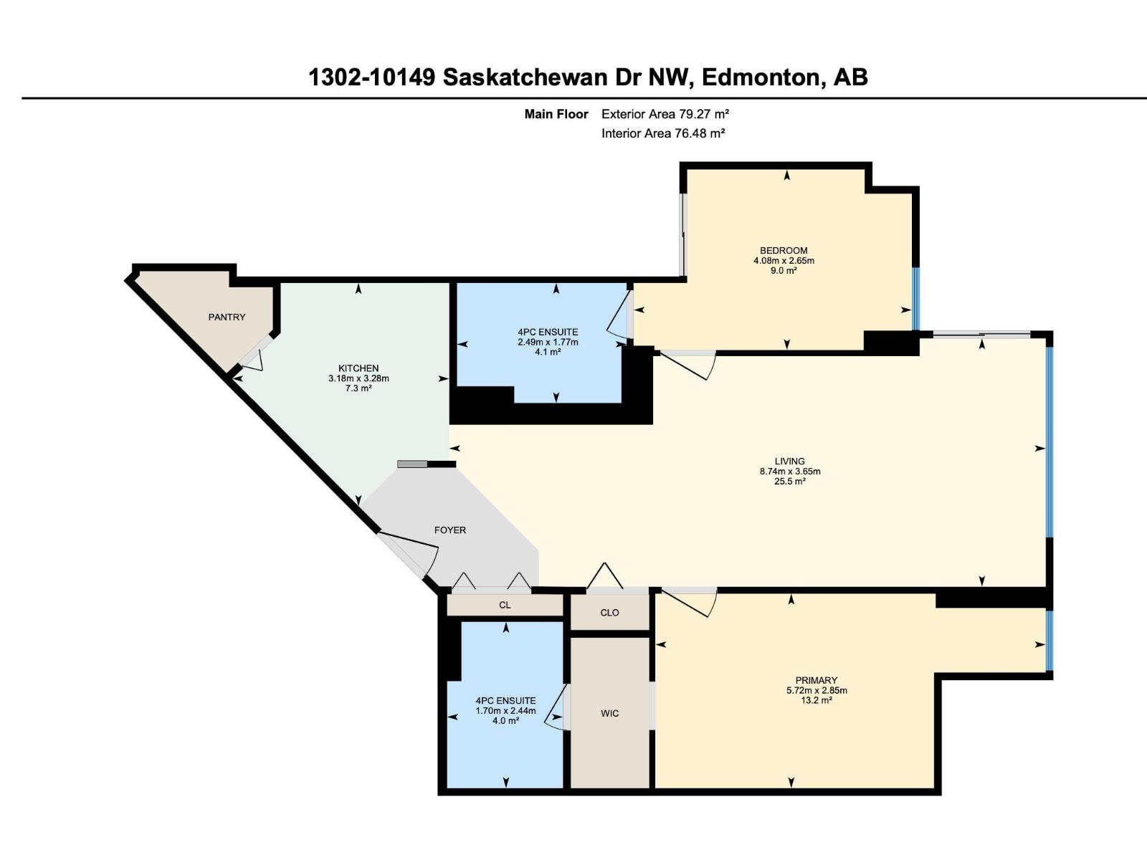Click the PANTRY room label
click(227, 317)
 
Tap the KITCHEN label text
click(358, 368)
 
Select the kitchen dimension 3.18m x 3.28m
click(358, 378)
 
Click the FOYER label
click(450, 530)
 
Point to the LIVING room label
click(789, 462)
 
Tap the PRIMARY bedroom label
click(816, 680)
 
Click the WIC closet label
click(609, 713)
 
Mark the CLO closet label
click(609, 613)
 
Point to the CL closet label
click(505, 605)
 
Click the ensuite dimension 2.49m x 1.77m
click(548, 342)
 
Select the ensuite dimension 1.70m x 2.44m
click(505, 711)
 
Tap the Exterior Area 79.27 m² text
click(665, 114)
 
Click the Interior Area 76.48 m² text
click(663, 133)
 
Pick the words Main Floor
click(556, 114)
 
